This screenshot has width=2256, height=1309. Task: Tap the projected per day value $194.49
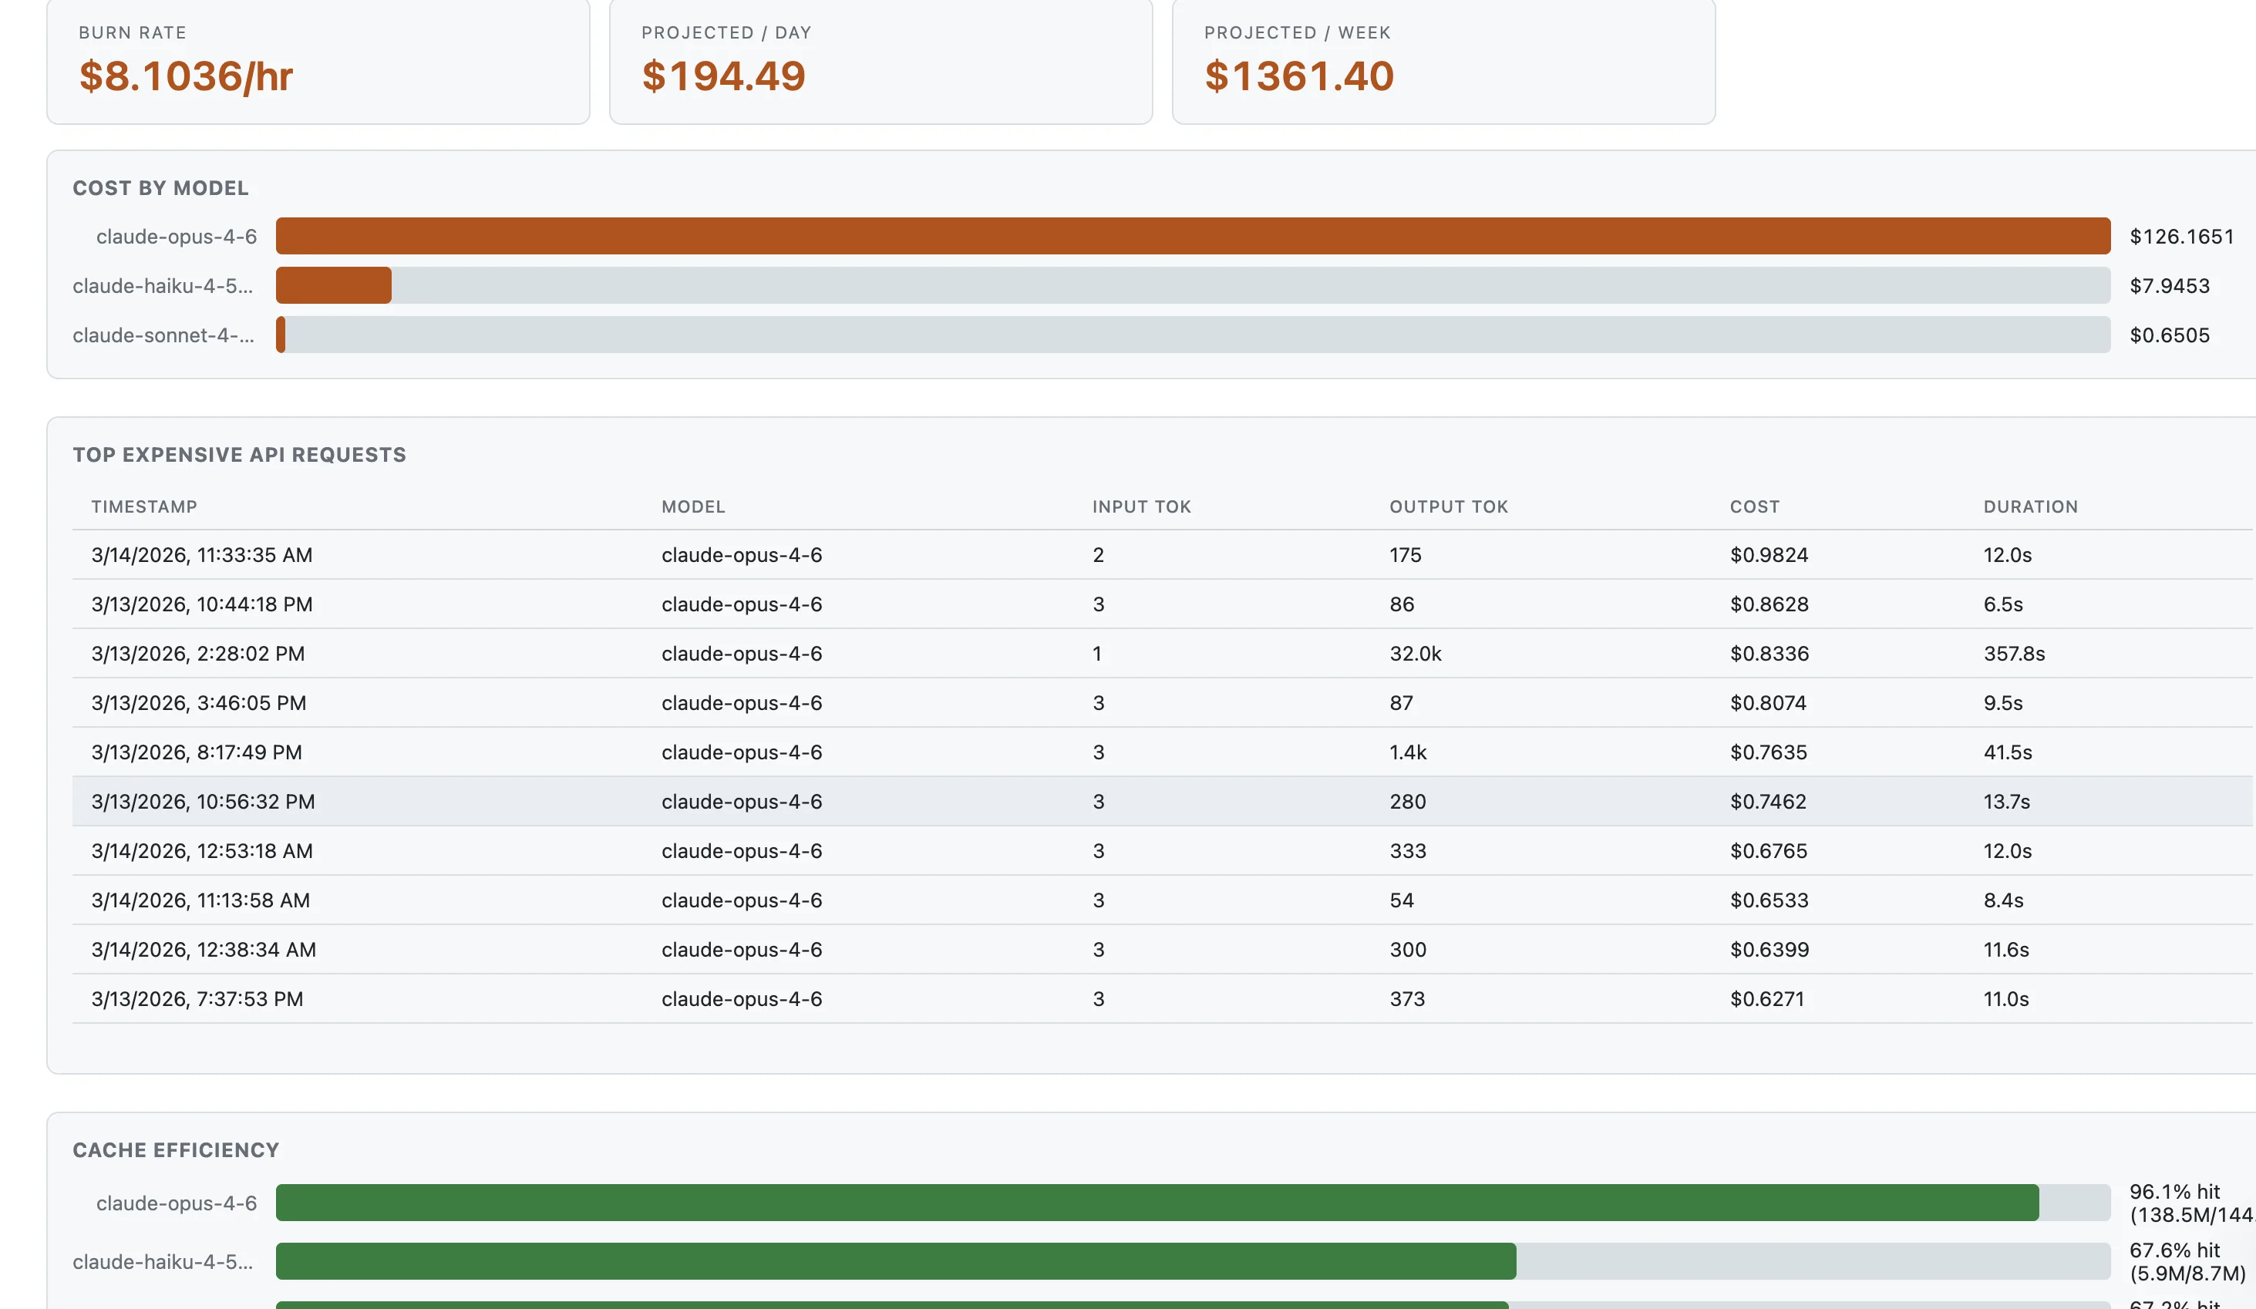pyautogui.click(x=723, y=76)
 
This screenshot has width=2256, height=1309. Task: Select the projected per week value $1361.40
pyautogui.click(x=1299, y=76)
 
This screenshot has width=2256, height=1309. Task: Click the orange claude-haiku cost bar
pyautogui.click(x=333, y=285)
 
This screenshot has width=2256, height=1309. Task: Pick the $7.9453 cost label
pyautogui.click(x=2169, y=285)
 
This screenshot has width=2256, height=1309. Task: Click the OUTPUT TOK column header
pyautogui.click(x=1449, y=506)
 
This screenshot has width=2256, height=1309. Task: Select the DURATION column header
pyautogui.click(x=2030, y=506)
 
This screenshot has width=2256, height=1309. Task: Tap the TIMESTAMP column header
pyautogui.click(x=144, y=506)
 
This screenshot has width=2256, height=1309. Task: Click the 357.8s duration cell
pyautogui.click(x=2014, y=654)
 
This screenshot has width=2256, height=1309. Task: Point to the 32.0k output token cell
pyautogui.click(x=1416, y=654)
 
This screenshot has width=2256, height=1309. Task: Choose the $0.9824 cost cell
pyautogui.click(x=1769, y=555)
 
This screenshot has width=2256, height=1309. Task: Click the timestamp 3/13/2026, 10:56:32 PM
pyautogui.click(x=204, y=801)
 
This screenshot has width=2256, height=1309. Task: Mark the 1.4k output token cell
pyautogui.click(x=1408, y=752)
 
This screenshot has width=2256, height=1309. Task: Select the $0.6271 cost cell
pyautogui.click(x=1767, y=999)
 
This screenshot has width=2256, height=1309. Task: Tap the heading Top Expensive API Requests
pyautogui.click(x=239, y=455)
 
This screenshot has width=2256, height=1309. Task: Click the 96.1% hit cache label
pyautogui.click(x=2174, y=1192)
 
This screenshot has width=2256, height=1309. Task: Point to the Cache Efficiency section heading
pyautogui.click(x=176, y=1150)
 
